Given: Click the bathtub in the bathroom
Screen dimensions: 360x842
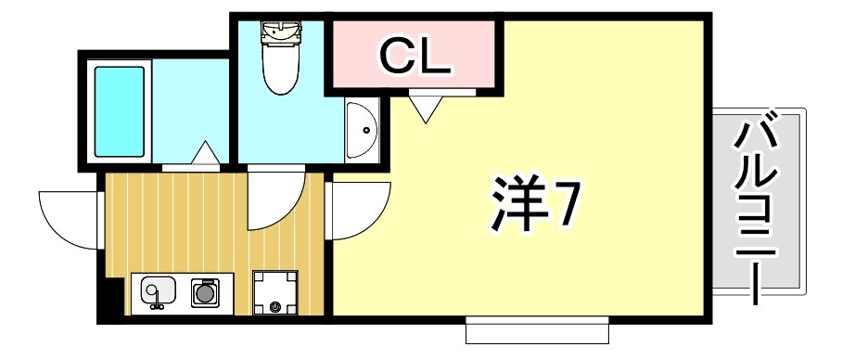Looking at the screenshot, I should tap(120, 111).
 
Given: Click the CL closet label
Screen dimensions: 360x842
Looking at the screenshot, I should tap(414, 58).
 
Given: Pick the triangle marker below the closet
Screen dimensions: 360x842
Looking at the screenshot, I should tap(427, 109).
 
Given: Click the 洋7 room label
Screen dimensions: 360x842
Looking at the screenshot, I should tap(532, 206).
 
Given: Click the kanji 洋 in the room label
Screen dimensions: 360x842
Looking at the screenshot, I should tap(513, 206).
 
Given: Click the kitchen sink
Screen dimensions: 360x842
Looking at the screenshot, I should tap(157, 293).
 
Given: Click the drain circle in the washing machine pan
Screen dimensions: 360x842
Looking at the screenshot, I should tap(275, 306).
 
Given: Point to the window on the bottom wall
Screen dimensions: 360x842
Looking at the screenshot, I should tap(537, 328).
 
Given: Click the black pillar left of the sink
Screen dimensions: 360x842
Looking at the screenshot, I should tap(110, 300).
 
